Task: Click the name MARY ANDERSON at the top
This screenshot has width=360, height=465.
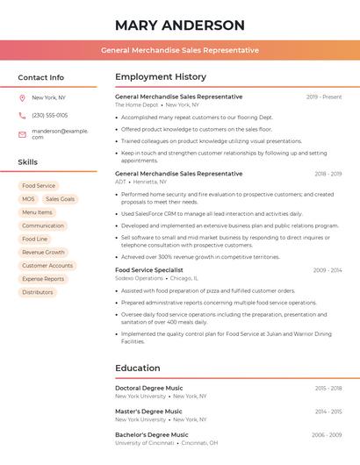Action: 180,25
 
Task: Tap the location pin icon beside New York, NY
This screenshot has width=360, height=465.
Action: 22,97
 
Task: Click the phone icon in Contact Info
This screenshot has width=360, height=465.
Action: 22,115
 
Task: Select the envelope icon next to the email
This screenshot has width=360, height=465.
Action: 22,134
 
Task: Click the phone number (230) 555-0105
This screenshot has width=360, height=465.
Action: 49,115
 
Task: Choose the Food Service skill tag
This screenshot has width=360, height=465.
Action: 39,186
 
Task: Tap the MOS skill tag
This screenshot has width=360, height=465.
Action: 29,199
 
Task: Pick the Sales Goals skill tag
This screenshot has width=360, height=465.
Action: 61,199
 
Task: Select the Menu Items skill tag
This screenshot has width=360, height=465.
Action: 37,212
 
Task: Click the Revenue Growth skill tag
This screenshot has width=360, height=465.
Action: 43,252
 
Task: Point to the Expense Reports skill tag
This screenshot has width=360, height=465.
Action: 43,279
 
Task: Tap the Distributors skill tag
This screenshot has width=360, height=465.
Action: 38,292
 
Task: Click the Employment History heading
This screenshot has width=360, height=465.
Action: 161,77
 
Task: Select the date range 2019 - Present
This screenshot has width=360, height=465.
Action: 324,97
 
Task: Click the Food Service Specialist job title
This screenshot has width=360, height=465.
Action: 149,270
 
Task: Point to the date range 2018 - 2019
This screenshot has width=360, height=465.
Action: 328,174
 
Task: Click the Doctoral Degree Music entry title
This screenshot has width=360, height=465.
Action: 149,388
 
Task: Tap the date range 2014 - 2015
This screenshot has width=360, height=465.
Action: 328,411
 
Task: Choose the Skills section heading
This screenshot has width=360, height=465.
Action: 28,162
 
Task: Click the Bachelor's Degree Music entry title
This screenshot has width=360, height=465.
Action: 152,434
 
